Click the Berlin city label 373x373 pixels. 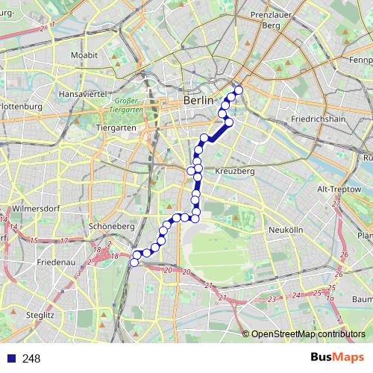pyautogui.click(x=198, y=100)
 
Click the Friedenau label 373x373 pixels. pyautogui.click(x=54, y=264)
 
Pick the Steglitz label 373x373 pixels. pyautogui.click(x=37, y=316)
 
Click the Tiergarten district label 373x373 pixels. pyautogui.click(x=116, y=128)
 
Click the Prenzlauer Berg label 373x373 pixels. pyautogui.click(x=275, y=20)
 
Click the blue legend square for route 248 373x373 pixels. pyautogui.click(x=11, y=359)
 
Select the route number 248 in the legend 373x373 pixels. pyautogui.click(x=31, y=359)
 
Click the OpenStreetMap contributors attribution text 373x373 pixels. pyautogui.click(x=307, y=334)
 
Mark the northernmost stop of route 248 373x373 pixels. pyautogui.click(x=239, y=91)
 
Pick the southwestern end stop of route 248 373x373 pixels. pyautogui.click(x=135, y=262)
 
